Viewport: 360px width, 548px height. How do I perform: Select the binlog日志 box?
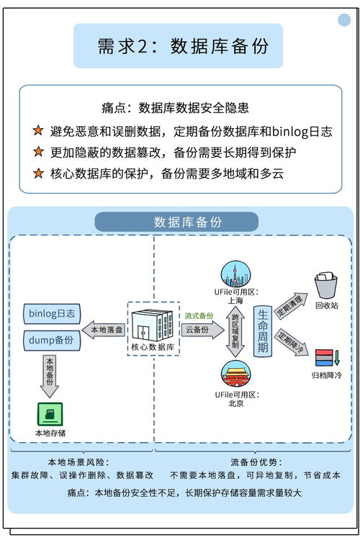[x=53, y=314]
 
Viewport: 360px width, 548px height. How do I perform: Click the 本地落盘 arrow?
[x=105, y=330]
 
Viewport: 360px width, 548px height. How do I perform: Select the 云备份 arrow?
[x=202, y=330]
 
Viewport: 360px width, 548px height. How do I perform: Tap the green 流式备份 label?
[x=199, y=315]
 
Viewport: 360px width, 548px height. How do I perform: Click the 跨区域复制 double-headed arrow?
[x=235, y=331]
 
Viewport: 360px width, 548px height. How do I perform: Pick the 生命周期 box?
[x=263, y=330]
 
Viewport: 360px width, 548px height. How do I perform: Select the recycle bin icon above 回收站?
[x=325, y=285]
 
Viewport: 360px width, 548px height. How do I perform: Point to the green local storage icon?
[x=50, y=413]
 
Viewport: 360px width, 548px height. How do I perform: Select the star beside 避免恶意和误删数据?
[x=38, y=131]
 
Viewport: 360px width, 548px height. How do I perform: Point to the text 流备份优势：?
[x=256, y=462]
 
